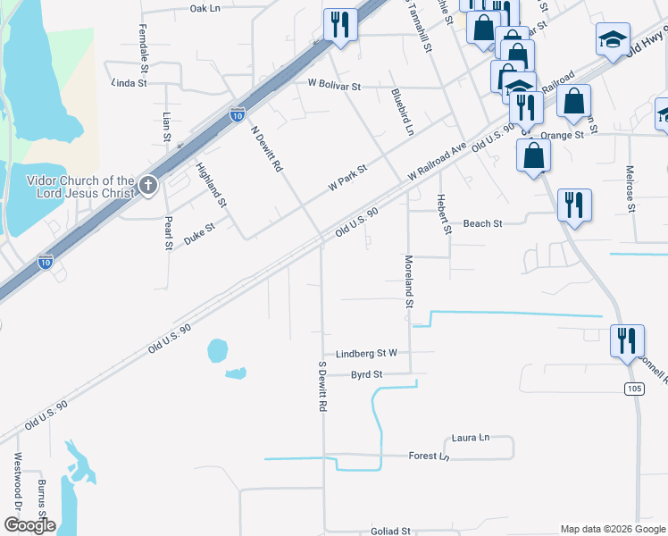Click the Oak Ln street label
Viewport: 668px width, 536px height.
[205, 8]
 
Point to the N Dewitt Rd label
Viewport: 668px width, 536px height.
[266, 148]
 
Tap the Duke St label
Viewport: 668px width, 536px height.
[199, 234]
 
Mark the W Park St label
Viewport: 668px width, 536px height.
[347, 179]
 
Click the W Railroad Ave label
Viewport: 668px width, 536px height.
[438, 159]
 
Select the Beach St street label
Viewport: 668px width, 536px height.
[482, 223]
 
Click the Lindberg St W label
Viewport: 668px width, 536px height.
[366, 354]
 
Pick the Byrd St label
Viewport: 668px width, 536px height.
[366, 374]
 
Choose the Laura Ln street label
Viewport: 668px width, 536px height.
[471, 438]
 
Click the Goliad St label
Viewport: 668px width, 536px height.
[390, 531]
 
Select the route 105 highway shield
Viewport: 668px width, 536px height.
[632, 388]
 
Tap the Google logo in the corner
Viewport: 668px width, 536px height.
[29, 525]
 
